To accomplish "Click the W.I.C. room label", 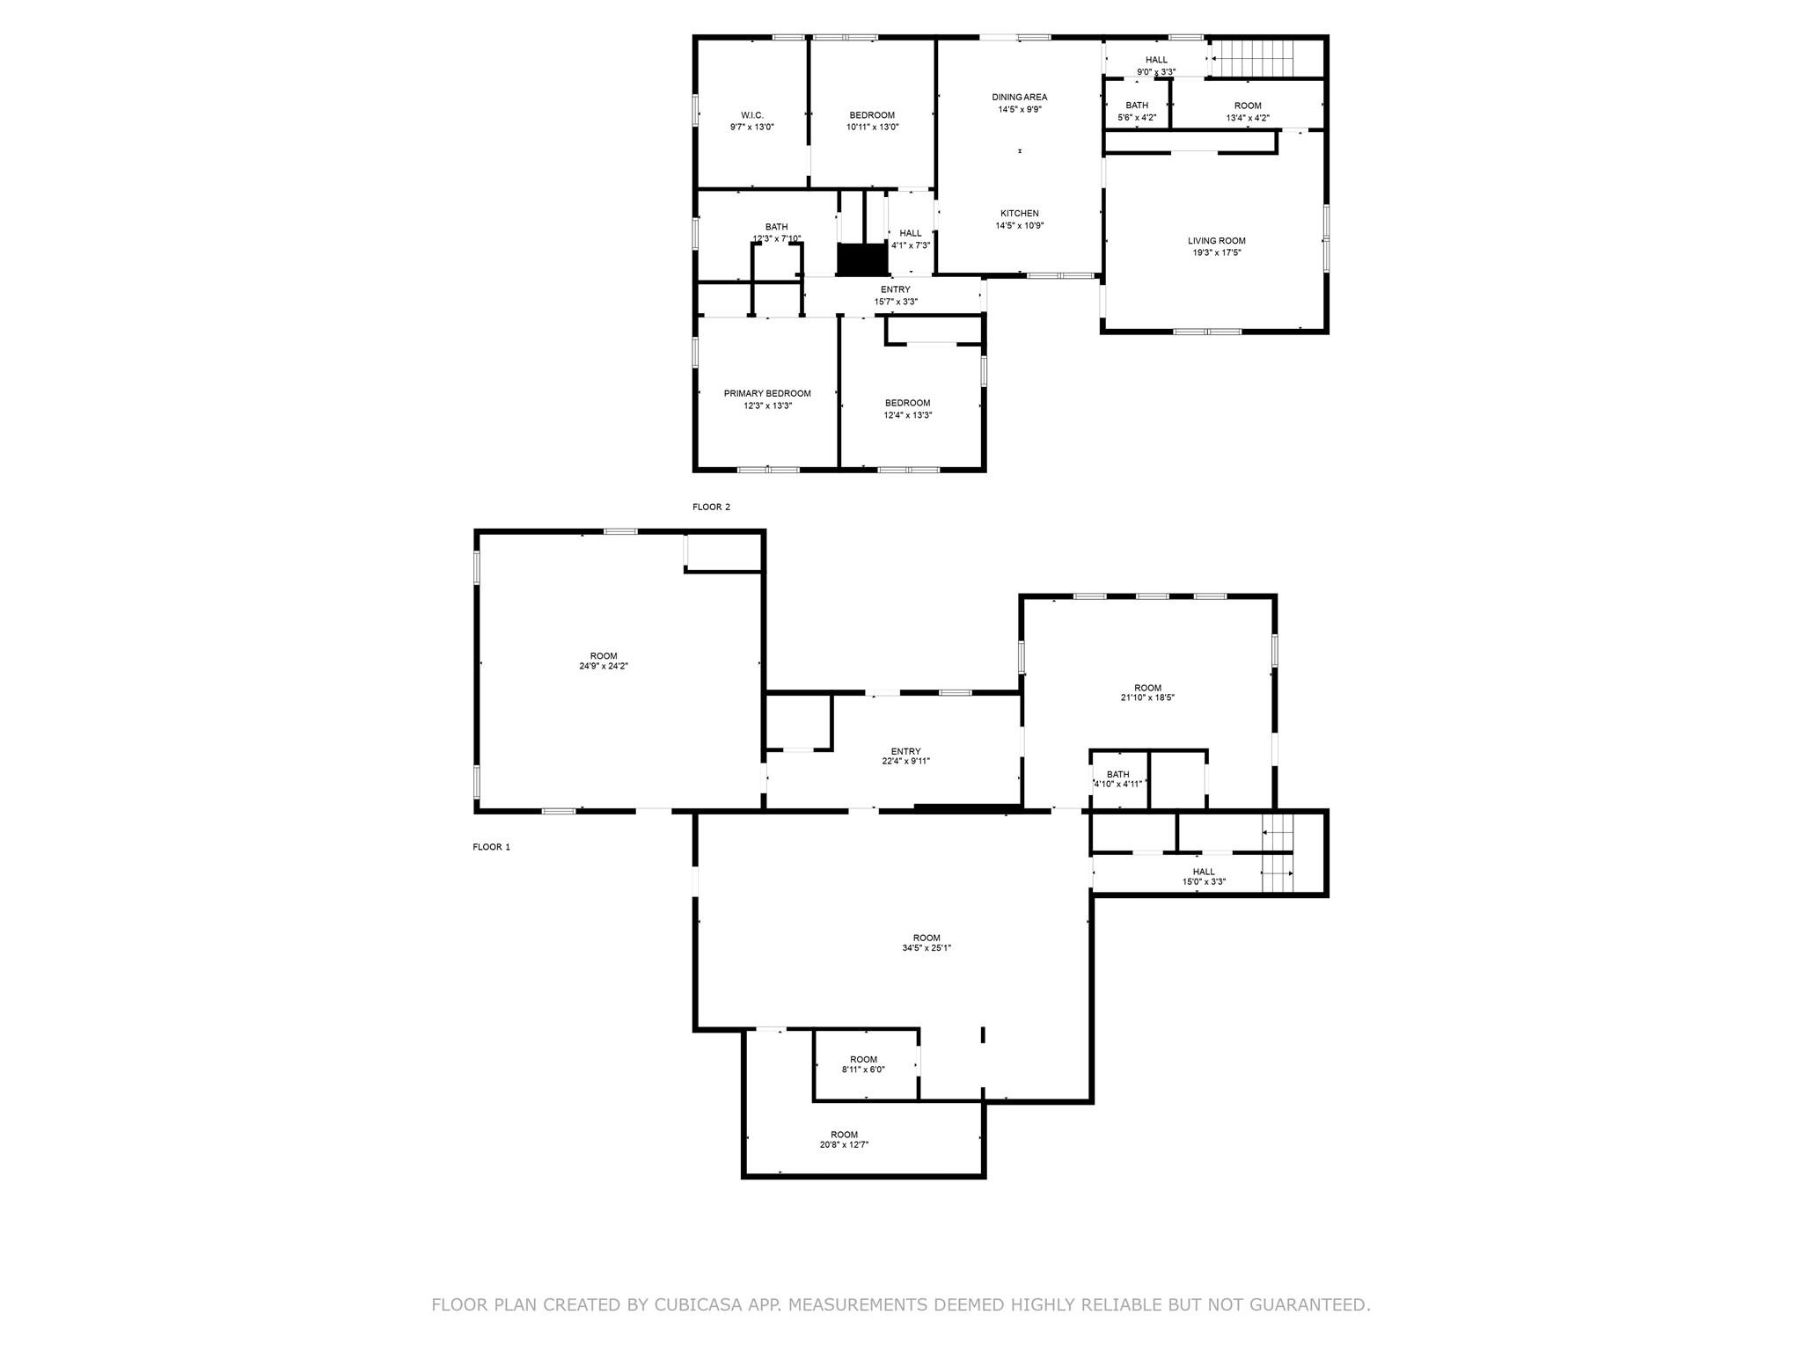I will pyautogui.click(x=751, y=115).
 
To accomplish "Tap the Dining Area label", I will pyautogui.click(x=1020, y=98).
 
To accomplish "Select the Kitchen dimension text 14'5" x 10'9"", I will pyautogui.click(x=1020, y=226).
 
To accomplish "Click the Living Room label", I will pyautogui.click(x=1216, y=241).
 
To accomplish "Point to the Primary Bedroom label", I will pyautogui.click(x=767, y=394).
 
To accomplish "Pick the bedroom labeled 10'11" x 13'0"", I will pyautogui.click(x=872, y=121).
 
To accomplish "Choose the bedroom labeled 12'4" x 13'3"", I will pyautogui.click(x=907, y=409).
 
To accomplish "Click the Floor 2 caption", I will pyautogui.click(x=711, y=508).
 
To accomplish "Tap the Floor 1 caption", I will pyautogui.click(x=491, y=848).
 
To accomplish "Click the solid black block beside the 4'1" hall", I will pyautogui.click(x=860, y=259).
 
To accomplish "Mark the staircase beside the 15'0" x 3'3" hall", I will pyautogui.click(x=1278, y=854).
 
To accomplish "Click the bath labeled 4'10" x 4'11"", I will pyautogui.click(x=1117, y=779).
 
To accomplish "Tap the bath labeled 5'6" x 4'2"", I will pyautogui.click(x=1136, y=111).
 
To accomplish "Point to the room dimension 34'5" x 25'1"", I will pyautogui.click(x=927, y=948).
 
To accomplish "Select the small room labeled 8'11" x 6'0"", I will pyautogui.click(x=863, y=1064).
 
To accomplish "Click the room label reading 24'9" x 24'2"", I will pyautogui.click(x=604, y=667).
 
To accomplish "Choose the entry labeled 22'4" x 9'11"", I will pyautogui.click(x=905, y=756).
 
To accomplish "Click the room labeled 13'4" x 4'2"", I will pyautogui.click(x=1247, y=111).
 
